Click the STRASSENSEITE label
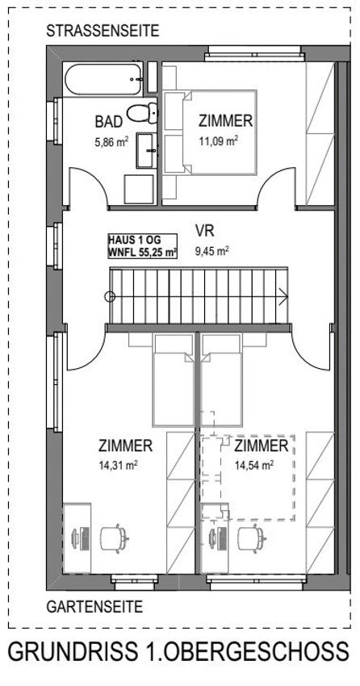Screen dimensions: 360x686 103,31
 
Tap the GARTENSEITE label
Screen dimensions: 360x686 95,607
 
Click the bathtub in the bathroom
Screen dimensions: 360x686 104,79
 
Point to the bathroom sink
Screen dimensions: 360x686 145,150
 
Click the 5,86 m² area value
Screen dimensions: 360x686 111,141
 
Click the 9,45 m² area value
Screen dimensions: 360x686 211,251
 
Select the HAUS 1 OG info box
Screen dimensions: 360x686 143,246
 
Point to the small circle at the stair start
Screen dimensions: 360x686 110,297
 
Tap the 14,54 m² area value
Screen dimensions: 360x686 255,466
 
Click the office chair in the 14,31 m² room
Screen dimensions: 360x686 114,538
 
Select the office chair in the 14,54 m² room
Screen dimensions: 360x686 251,538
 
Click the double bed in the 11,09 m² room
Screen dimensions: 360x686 210,132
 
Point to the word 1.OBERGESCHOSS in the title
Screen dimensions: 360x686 243,651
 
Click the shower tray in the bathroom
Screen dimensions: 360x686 139,190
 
